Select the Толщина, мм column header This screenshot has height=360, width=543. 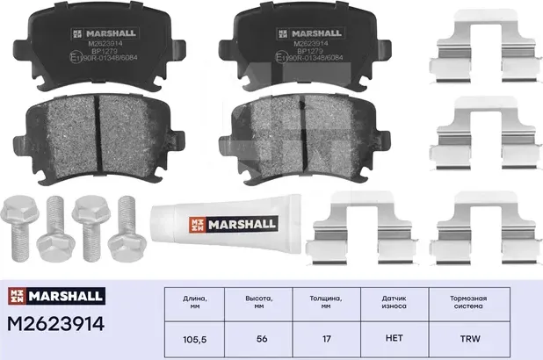[326, 303]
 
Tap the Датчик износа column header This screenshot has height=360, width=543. [395, 303]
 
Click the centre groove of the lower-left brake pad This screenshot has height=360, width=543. [98, 132]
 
